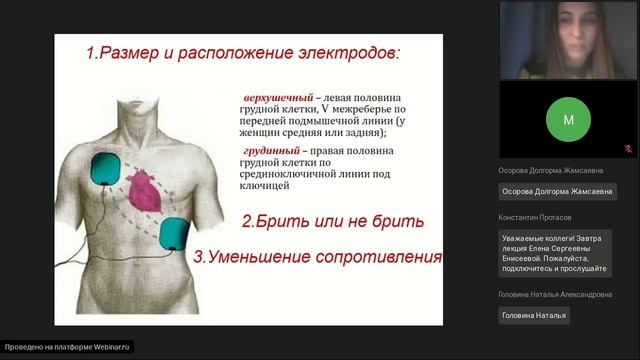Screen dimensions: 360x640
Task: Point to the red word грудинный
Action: [272, 149]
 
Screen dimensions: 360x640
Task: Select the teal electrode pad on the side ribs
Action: [177, 233]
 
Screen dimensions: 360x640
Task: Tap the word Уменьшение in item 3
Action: [263, 256]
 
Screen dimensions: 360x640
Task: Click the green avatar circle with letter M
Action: [568, 119]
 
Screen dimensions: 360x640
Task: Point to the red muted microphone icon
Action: [627, 147]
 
